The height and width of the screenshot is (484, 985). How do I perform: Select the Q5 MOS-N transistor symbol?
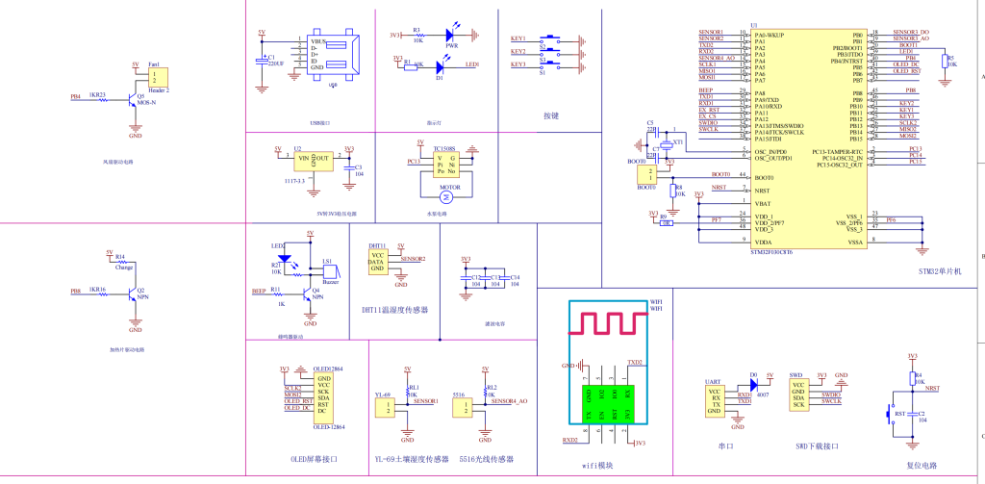coord(133,101)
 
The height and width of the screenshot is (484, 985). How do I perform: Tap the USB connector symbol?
coord(332,56)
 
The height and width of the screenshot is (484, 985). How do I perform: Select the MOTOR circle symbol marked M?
coord(445,195)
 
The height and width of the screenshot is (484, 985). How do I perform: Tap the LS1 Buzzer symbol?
coord(328,271)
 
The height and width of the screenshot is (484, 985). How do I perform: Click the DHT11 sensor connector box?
coord(379,261)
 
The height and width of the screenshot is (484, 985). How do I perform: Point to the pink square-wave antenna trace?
coord(606,321)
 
